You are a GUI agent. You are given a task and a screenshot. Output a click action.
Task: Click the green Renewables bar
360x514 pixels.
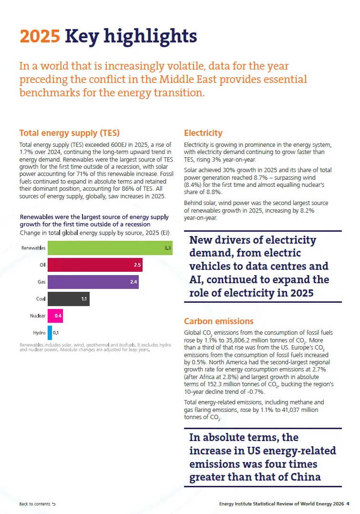click(x=110, y=248)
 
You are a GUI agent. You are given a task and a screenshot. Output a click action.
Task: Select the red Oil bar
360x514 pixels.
click(x=95, y=265)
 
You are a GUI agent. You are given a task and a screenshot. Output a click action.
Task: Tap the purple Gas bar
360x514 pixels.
click(x=93, y=282)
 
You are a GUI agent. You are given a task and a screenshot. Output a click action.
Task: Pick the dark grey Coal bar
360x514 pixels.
click(x=69, y=299)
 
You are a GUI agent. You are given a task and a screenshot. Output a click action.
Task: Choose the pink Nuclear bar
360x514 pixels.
click(x=55, y=316)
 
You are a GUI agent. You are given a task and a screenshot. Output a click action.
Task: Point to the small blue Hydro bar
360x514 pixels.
click(x=50, y=333)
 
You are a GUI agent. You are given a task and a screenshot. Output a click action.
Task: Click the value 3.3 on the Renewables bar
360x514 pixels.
click(x=167, y=248)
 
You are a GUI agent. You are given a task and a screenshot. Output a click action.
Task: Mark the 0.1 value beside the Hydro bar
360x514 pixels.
click(x=56, y=333)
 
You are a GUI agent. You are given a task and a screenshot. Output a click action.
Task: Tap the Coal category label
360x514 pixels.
click(x=41, y=299)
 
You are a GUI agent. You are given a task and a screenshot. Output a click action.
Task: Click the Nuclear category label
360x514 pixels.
click(x=38, y=316)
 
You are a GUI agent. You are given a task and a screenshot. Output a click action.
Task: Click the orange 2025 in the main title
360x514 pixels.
click(x=40, y=36)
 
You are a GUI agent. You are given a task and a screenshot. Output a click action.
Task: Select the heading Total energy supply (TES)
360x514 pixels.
click(x=70, y=133)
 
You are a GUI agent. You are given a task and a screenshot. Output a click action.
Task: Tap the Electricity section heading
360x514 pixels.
click(x=203, y=133)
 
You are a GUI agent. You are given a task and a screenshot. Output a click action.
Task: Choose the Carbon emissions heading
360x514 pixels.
click(x=219, y=321)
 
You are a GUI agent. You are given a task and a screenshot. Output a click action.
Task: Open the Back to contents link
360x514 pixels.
click(x=37, y=504)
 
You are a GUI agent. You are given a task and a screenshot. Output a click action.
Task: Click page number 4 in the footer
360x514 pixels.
click(x=348, y=504)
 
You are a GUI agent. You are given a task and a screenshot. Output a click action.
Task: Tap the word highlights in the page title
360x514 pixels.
click(x=151, y=37)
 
